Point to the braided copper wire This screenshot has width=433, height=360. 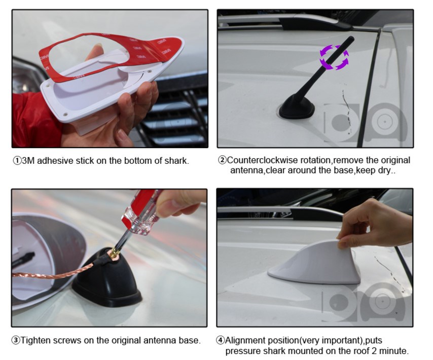pyautogui.click(x=52, y=272)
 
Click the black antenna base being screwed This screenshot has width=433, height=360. pyautogui.click(x=107, y=279)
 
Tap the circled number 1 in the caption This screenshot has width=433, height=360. pyautogui.click(x=17, y=161)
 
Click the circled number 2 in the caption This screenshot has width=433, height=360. pyautogui.click(x=222, y=160)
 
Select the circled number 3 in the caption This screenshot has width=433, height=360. pyautogui.click(x=16, y=340)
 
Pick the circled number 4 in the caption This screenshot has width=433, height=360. pyautogui.click(x=220, y=340)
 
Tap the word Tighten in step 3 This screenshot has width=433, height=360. pyautogui.click(x=35, y=341)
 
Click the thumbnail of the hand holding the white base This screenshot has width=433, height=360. pyautogui.click(x=110, y=79)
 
